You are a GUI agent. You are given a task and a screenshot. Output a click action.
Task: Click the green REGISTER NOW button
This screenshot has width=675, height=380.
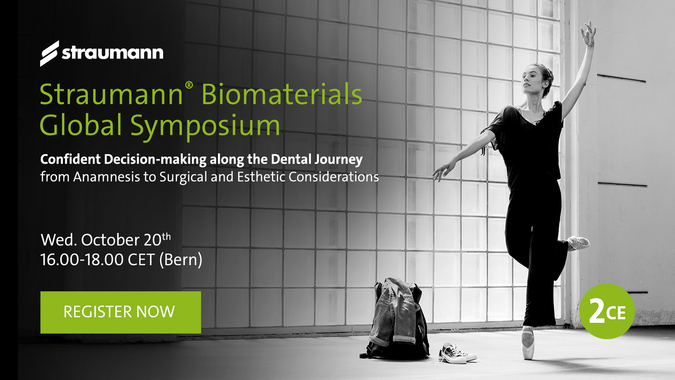point(121,312)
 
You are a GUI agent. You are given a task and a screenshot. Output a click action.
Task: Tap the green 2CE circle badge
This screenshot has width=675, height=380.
point(607,311)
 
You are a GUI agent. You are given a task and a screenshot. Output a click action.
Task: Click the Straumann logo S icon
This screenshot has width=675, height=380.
point(50,53)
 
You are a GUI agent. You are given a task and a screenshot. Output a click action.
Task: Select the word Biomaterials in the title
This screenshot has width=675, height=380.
point(282,94)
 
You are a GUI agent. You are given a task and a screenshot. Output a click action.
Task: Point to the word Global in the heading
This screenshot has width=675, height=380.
point(81,125)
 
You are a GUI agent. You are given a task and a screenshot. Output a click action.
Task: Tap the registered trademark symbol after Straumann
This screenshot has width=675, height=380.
point(189,85)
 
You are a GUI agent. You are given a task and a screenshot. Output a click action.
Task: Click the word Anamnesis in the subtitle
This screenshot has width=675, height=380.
point(107,177)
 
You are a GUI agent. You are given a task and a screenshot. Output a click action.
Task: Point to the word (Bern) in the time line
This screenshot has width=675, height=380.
point(181,260)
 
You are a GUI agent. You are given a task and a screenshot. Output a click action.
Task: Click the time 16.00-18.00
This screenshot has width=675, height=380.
point(82,260)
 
